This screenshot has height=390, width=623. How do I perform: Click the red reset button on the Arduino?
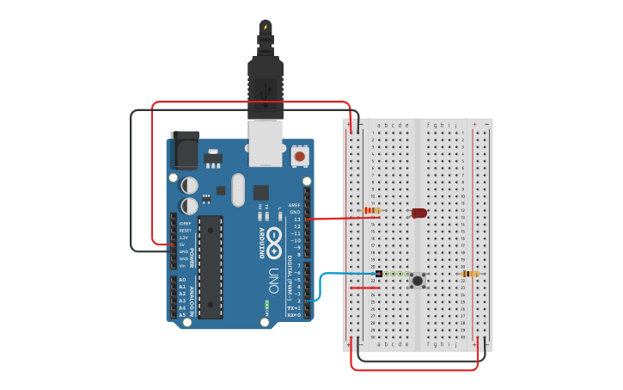pos(299,157)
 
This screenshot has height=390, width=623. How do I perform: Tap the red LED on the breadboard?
pos(418,213)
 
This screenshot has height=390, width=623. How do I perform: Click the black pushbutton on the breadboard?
pos(418,280)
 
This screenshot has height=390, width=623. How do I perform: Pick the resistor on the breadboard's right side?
pos(470,274)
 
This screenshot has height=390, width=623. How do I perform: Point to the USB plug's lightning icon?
pos(266,28)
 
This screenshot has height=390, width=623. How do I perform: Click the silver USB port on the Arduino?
pos(265,142)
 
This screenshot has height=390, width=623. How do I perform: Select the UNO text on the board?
pos(273,281)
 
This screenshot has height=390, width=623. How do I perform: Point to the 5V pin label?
pos(183,244)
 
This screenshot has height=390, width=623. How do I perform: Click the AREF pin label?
pos(295,205)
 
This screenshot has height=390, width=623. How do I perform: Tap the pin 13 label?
pos(297,219)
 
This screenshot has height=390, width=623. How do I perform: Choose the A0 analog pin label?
pos(182,280)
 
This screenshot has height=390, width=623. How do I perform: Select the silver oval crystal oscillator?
pos(238,190)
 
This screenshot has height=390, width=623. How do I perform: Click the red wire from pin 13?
pos(344,219)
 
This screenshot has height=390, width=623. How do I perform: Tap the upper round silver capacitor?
pos(189,185)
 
